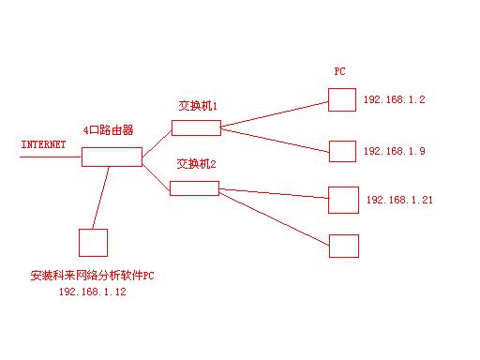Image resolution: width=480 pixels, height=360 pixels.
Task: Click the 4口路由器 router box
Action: (x=111, y=157)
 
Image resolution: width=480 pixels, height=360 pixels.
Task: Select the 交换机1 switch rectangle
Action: (x=196, y=127)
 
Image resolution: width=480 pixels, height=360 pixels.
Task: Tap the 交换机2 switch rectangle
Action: (x=194, y=187)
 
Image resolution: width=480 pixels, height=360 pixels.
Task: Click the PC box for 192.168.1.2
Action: (x=342, y=99)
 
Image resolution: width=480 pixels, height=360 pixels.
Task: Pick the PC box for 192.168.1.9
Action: (x=342, y=150)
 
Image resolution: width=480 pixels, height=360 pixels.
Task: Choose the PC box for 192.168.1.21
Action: (x=343, y=200)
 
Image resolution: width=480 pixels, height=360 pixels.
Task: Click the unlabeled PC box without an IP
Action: (x=344, y=246)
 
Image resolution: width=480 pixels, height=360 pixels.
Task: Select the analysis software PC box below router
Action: (x=93, y=242)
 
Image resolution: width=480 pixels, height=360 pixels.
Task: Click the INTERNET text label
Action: (x=43, y=145)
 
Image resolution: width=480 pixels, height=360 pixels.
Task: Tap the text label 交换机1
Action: (x=198, y=106)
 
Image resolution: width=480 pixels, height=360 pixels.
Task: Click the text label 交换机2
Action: (x=197, y=165)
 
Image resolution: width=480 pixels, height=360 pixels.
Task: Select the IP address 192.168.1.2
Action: (x=394, y=99)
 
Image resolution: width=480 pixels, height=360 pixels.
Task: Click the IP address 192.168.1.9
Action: (x=394, y=151)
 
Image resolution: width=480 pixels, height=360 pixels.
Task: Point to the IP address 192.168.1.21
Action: (x=398, y=200)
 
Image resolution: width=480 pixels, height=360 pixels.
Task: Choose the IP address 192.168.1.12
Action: (x=92, y=292)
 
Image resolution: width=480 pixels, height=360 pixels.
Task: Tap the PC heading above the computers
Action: (x=340, y=71)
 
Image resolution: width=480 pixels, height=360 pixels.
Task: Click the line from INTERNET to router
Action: (x=51, y=157)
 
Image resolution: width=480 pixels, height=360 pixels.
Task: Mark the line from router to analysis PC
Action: (x=101, y=197)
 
